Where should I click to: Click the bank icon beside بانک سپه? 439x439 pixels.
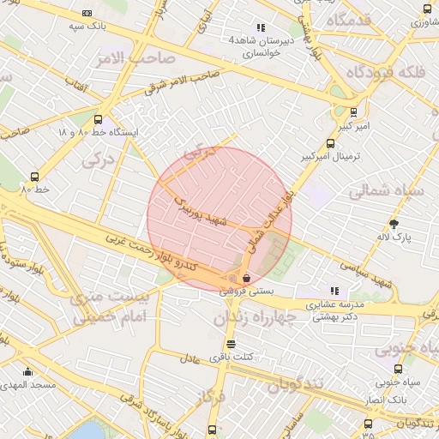pyautogui.click(x=87, y=14)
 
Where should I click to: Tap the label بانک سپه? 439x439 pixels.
pyautogui.click(x=87, y=27)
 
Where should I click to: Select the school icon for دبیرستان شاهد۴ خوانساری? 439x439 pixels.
pyautogui.click(x=261, y=27)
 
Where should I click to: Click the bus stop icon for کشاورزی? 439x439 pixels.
pyautogui.click(x=427, y=9)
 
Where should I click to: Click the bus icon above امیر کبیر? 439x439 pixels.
pyautogui.click(x=354, y=111)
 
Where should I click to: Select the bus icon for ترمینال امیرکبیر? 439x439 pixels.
pyautogui.click(x=331, y=144)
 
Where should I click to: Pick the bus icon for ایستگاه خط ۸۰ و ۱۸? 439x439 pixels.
pyautogui.click(x=98, y=120)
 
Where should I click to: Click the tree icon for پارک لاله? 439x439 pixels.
pyautogui.click(x=394, y=223)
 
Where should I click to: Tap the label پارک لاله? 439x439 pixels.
pyautogui.click(x=394, y=236)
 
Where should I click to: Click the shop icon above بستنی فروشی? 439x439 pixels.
pyautogui.click(x=247, y=277)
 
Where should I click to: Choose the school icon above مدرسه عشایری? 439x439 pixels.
pyautogui.click(x=334, y=291)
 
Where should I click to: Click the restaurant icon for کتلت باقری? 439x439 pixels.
pyautogui.click(x=231, y=344)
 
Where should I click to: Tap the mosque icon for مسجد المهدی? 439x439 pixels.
pyautogui.click(x=28, y=372)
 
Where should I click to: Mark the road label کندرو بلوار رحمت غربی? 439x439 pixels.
pyautogui.click(x=163, y=255)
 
